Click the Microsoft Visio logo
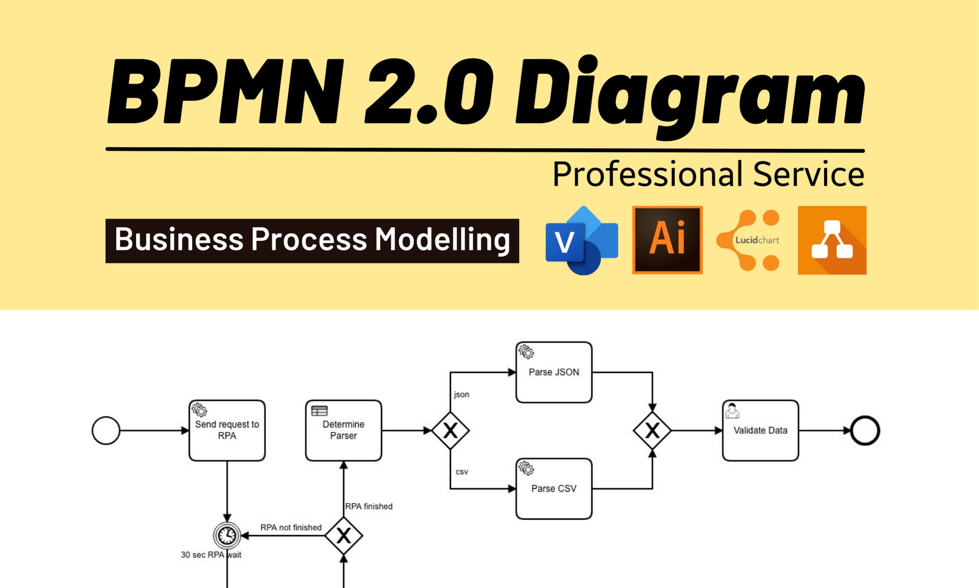click(x=582, y=241)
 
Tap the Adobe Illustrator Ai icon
click(x=667, y=240)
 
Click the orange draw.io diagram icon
click(x=832, y=240)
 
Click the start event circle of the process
click(x=106, y=430)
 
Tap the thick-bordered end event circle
click(x=865, y=430)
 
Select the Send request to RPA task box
click(x=227, y=430)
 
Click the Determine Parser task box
click(x=343, y=430)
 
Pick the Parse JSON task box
click(x=554, y=372)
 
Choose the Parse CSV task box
click(x=554, y=489)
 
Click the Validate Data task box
click(x=760, y=430)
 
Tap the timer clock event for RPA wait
click(x=227, y=535)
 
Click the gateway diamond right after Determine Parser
click(x=450, y=431)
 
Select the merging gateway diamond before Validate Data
click(x=652, y=431)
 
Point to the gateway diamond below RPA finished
click(x=344, y=535)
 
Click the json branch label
click(x=461, y=394)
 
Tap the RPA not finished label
click(x=291, y=527)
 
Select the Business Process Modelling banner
click(x=312, y=240)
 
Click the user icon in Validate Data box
click(x=732, y=411)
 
